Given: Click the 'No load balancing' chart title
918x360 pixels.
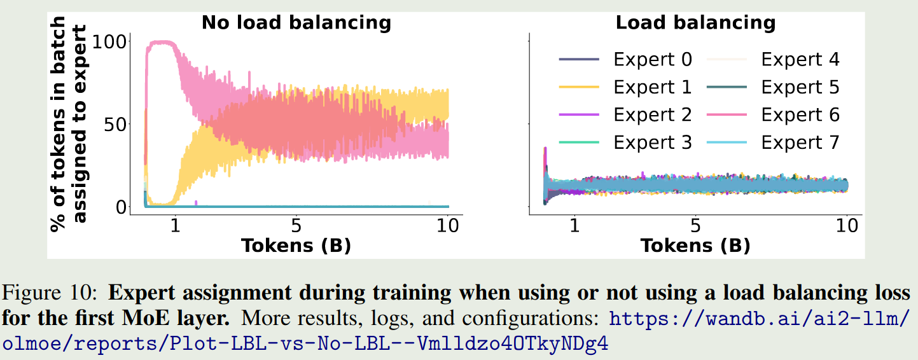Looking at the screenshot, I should click(x=296, y=24).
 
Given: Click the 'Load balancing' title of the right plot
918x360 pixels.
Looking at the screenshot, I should click(x=695, y=24).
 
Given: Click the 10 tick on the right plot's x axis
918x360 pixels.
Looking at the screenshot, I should click(x=846, y=227).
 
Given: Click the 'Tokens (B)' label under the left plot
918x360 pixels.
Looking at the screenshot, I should click(x=296, y=245).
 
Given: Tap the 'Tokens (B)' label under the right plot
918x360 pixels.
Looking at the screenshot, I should click(x=695, y=245).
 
